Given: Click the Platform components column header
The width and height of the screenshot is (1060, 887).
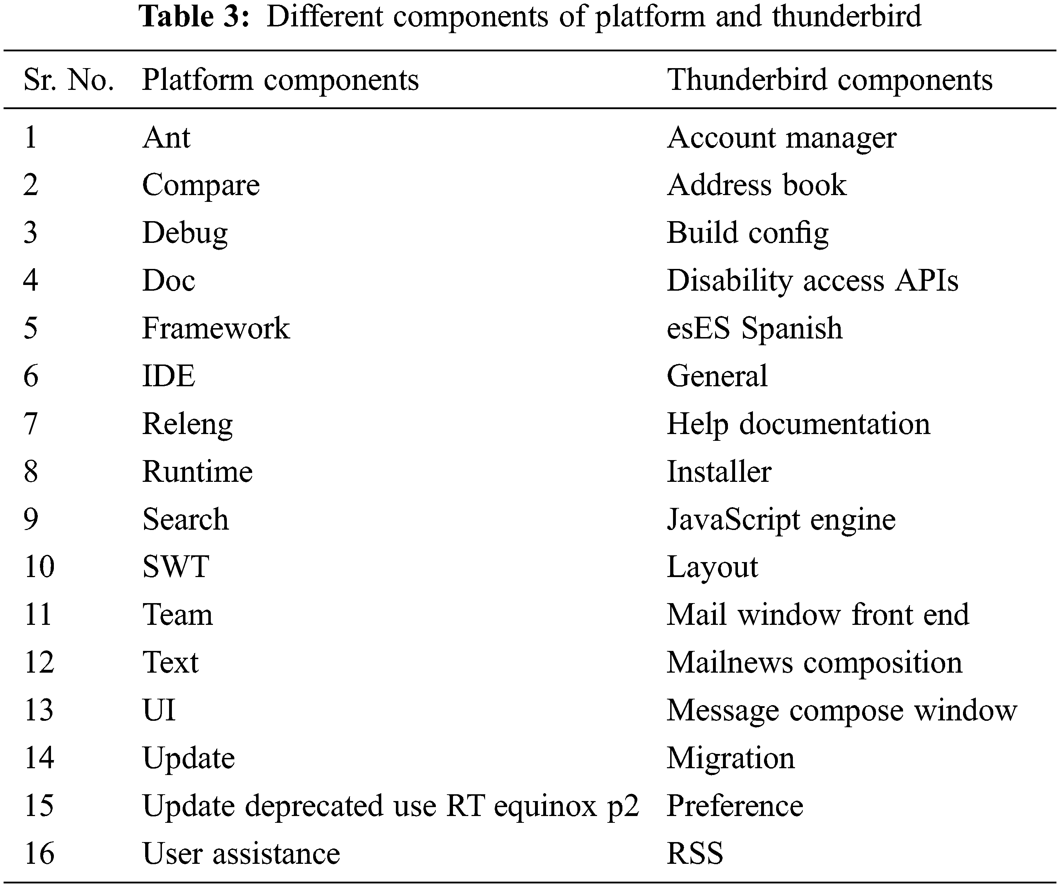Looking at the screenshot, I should click(x=280, y=80).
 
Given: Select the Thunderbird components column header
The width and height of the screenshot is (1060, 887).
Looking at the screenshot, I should click(x=829, y=80).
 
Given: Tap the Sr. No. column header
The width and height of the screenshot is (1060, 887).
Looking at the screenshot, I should click(x=68, y=80).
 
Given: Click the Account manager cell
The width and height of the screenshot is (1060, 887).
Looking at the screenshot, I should click(x=781, y=137).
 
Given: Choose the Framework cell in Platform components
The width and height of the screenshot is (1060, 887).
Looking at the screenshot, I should click(x=215, y=328).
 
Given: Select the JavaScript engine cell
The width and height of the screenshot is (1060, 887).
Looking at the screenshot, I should click(x=781, y=520).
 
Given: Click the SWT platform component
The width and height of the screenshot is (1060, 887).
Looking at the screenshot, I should click(x=176, y=567).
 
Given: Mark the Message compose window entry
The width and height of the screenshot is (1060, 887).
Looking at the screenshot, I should click(x=841, y=710).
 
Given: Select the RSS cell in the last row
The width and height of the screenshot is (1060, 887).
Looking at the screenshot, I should click(x=695, y=854).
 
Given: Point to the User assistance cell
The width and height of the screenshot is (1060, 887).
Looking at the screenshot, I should click(x=241, y=854).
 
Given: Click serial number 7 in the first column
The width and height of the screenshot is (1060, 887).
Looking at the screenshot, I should click(x=31, y=424).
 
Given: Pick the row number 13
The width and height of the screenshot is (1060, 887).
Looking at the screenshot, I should click(x=39, y=710).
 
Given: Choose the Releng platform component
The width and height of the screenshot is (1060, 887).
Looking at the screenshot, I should click(x=187, y=424).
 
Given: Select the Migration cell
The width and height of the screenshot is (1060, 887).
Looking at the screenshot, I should click(x=730, y=758).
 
